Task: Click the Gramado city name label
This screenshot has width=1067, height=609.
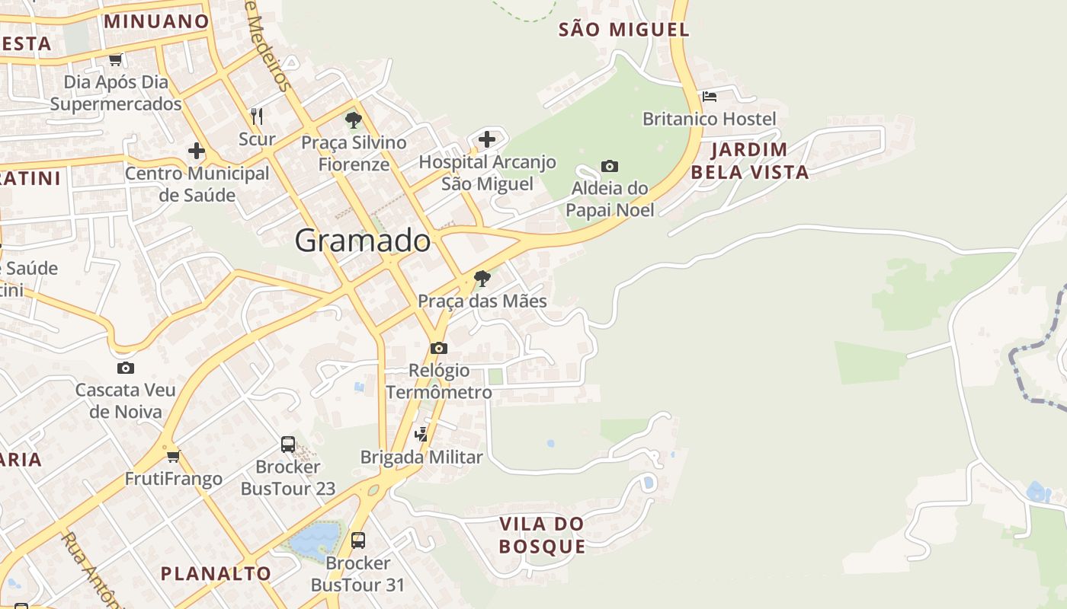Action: (x=363, y=241)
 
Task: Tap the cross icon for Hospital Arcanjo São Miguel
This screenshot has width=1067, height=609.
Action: (x=487, y=139)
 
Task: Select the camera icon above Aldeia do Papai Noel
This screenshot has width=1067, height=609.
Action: (x=610, y=166)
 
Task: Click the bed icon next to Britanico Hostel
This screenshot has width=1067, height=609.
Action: (x=710, y=97)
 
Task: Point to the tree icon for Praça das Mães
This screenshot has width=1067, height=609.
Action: (x=482, y=279)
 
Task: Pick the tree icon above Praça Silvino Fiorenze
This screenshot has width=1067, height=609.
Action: (x=353, y=120)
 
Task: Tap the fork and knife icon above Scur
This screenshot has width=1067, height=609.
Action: (x=257, y=116)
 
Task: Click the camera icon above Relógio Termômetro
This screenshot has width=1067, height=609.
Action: (x=439, y=348)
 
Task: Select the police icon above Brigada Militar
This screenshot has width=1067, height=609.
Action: (x=421, y=434)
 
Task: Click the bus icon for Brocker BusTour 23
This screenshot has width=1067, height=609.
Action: (x=288, y=444)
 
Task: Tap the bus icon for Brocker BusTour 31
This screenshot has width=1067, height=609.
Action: (x=357, y=540)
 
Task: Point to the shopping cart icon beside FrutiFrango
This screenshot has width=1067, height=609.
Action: (x=174, y=456)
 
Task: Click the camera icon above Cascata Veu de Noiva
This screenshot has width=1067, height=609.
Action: (x=126, y=368)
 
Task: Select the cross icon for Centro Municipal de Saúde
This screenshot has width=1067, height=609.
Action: (x=197, y=151)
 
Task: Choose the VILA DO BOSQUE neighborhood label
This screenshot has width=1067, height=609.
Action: (x=542, y=535)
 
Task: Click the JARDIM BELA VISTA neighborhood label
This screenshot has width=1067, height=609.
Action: (x=750, y=161)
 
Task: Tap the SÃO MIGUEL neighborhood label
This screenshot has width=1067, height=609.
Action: (x=624, y=30)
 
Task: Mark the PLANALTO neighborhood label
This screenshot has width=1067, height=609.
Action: (x=216, y=573)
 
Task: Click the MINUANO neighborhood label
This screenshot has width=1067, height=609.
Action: (x=156, y=21)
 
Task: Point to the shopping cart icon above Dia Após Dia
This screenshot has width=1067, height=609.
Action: (x=116, y=59)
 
